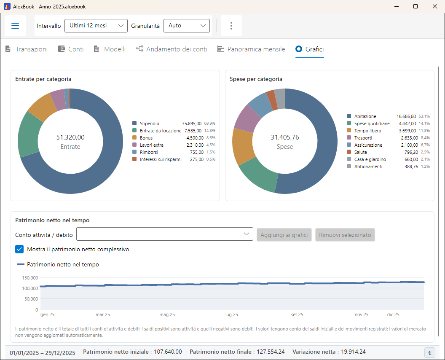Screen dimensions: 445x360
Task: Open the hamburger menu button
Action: (x=15, y=26)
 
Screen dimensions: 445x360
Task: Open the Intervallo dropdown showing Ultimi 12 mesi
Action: (x=96, y=26)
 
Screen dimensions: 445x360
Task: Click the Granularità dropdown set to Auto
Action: (x=186, y=26)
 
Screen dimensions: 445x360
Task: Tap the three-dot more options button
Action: (x=231, y=26)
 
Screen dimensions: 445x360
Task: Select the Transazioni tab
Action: (x=27, y=49)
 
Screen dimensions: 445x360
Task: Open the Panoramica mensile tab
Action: (x=251, y=49)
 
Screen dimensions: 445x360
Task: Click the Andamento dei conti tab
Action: (x=172, y=49)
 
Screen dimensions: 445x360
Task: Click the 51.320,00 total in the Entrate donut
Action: (x=70, y=137)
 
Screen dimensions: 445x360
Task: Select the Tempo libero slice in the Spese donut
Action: (x=242, y=146)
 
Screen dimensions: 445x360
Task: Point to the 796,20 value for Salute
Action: (x=411, y=152)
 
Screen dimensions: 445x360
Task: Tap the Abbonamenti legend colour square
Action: (x=349, y=166)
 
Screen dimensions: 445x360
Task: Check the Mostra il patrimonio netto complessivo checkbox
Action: (x=19, y=249)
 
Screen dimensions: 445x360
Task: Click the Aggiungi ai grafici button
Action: (x=284, y=235)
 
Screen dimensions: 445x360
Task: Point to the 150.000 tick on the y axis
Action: (x=30, y=278)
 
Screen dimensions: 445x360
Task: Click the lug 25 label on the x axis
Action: (x=232, y=314)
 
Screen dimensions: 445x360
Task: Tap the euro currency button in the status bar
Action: (x=430, y=352)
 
